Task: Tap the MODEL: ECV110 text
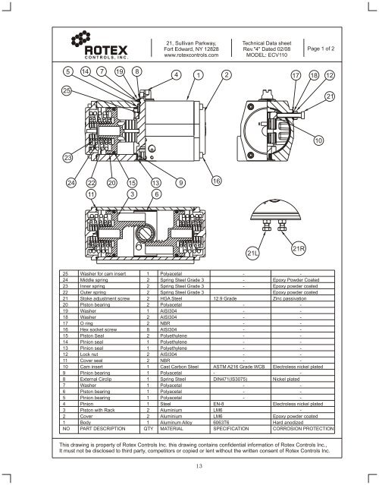click(x=261, y=54)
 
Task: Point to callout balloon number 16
click(x=216, y=182)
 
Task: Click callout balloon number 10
click(x=318, y=140)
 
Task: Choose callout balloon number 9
click(x=180, y=182)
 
